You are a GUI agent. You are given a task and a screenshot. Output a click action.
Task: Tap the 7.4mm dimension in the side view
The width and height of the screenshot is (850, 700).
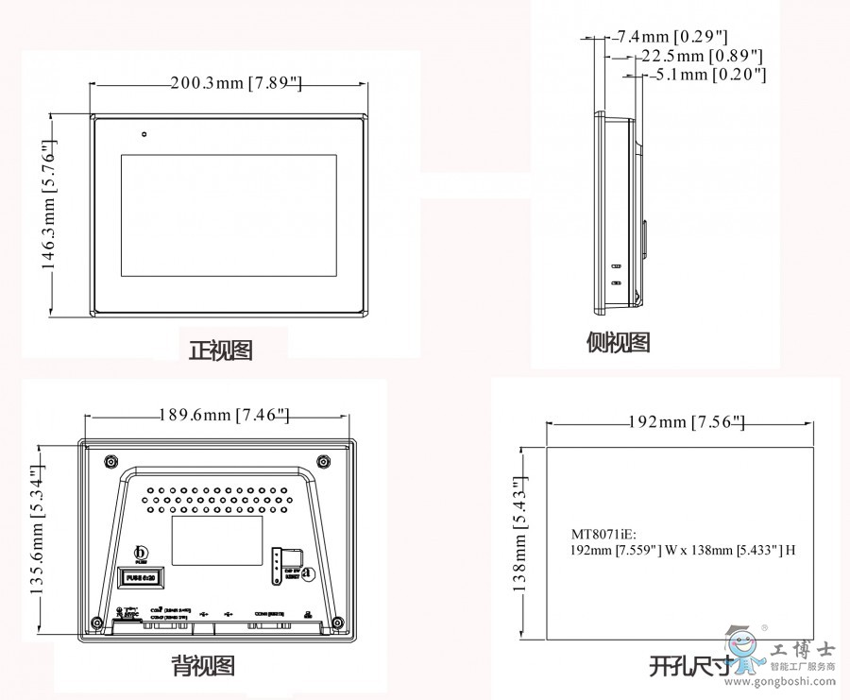pos(671,38)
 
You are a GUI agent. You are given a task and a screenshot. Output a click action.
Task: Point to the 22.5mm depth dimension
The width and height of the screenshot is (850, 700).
pos(701,56)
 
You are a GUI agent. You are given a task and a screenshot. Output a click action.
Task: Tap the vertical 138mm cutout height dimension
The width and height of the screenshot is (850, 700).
pos(520,534)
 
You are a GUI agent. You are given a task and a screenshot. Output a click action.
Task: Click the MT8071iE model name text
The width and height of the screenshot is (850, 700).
pos(605,534)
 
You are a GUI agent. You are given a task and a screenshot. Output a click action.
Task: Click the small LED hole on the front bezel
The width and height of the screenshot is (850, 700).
pos(144,133)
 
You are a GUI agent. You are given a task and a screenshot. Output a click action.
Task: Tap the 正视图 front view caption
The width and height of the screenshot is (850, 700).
pos(221,350)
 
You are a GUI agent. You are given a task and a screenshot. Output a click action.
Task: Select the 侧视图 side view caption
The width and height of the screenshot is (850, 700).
pos(619,342)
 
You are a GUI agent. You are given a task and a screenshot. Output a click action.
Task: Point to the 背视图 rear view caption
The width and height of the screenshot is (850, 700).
pos(203,666)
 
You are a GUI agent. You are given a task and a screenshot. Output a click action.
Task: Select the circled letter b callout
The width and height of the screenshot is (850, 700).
pos(144,553)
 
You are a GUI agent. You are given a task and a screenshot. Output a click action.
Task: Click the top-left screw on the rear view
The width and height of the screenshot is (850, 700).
pos(110,461)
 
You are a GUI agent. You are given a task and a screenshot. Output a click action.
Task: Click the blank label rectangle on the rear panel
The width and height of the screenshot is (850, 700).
pos(216,539)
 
